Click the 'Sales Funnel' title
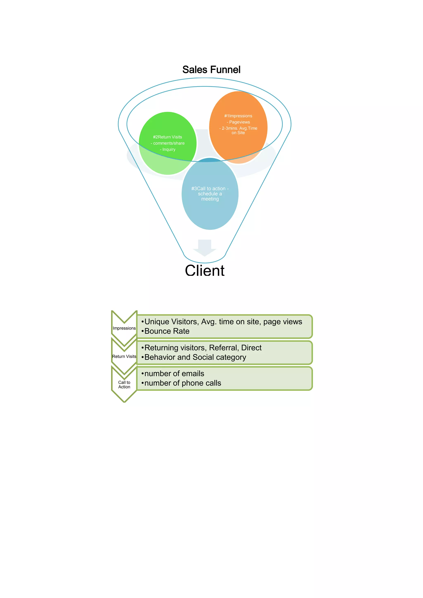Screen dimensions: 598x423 coord(211,70)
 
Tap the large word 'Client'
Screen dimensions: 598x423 coord(205,271)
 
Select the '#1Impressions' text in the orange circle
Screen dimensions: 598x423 coord(238,116)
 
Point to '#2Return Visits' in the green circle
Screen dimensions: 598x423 coord(168,137)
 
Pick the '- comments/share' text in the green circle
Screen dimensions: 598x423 coord(168,143)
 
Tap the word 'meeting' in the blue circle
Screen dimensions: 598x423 coord(210,199)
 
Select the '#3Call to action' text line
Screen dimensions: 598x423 coord(210,189)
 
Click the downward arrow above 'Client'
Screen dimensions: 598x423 coord(204,247)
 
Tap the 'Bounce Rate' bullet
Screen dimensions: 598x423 coord(167,331)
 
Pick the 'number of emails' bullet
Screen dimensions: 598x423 coord(174,374)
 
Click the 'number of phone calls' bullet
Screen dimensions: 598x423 coord(183,383)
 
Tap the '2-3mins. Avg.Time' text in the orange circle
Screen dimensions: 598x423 coord(239,128)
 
